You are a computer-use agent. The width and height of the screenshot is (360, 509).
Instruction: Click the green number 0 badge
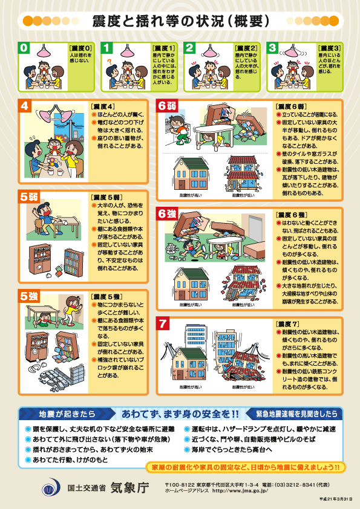(24, 47)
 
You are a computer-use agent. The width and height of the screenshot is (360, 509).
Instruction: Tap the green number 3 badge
(273, 47)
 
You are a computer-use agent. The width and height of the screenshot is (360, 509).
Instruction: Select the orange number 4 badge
(25, 106)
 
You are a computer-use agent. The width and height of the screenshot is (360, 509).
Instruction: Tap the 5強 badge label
(28, 296)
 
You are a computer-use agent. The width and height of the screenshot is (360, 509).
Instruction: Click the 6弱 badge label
(168, 106)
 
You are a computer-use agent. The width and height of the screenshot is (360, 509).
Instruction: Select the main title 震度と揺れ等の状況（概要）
(180, 21)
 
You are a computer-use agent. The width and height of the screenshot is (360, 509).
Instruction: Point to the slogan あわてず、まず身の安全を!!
(180, 413)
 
